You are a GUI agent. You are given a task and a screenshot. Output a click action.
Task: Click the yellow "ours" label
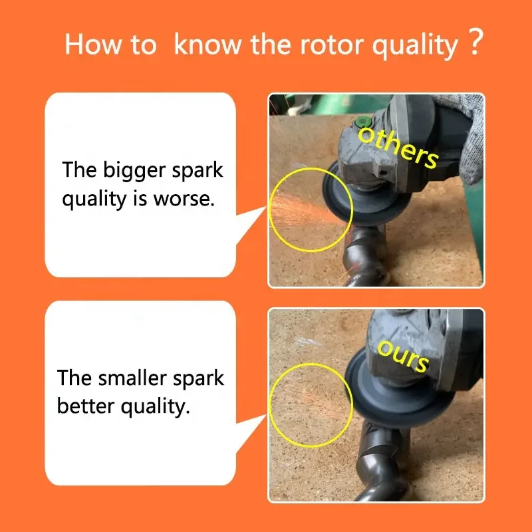(x=403, y=356)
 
